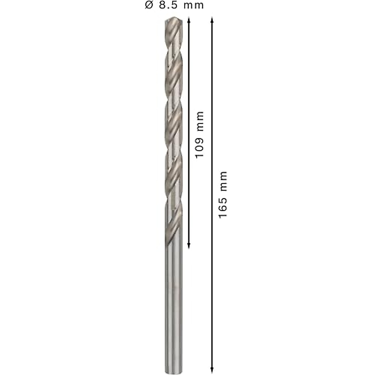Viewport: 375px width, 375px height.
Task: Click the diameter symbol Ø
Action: point(149,5)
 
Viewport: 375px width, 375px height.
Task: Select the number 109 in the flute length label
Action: point(199,147)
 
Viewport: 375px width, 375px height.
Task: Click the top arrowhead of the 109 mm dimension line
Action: point(188,19)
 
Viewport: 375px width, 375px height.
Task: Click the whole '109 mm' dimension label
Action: point(199,134)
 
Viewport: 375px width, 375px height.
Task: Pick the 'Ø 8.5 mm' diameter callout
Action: point(174,5)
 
